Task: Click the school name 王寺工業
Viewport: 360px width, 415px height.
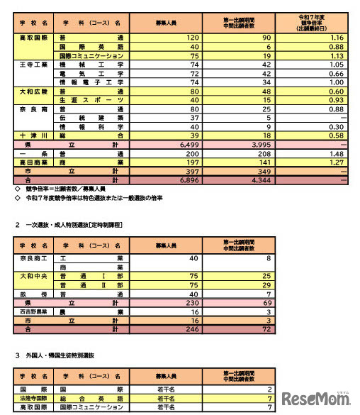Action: tap(28, 63)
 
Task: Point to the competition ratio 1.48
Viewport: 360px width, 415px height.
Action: tap(336, 154)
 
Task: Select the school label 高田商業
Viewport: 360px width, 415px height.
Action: tap(28, 163)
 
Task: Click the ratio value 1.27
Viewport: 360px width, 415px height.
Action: tap(336, 163)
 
